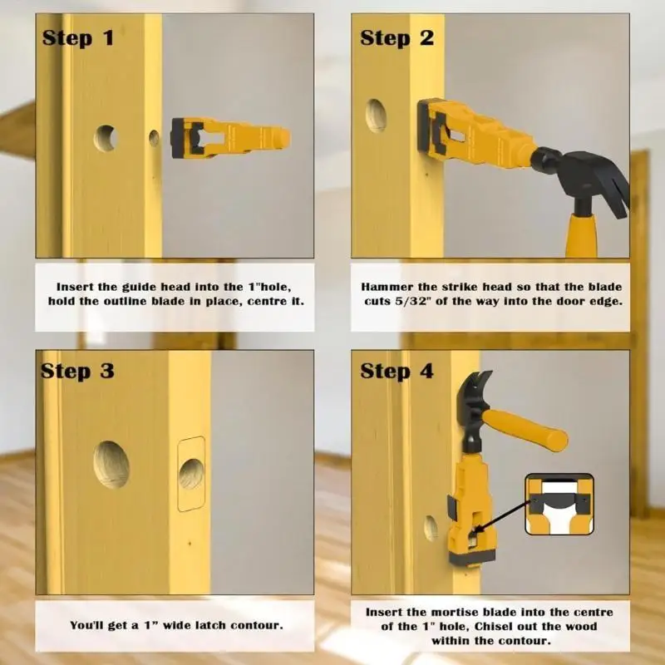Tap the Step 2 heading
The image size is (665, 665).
tap(397, 37)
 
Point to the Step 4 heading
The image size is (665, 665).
tap(397, 371)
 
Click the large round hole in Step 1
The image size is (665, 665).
tap(106, 137)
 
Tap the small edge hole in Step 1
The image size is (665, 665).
tap(154, 138)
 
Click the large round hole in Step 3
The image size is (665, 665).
tap(111, 463)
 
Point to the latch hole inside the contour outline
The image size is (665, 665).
tap(191, 474)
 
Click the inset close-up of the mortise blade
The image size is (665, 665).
tap(559, 504)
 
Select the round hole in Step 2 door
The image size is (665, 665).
tap(376, 115)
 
